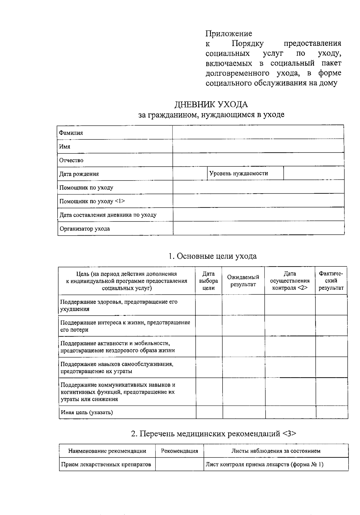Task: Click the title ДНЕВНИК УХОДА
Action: pyautogui.click(x=211, y=104)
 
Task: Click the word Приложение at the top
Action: pyautogui.click(x=229, y=33)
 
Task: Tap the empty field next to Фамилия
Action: pyautogui.click(x=258, y=132)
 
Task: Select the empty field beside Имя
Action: pyautogui.click(x=258, y=146)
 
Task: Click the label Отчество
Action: pyautogui.click(x=71, y=160)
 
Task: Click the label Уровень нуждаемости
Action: pyautogui.click(x=238, y=173)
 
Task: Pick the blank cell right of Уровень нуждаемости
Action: pyautogui.click(x=313, y=173)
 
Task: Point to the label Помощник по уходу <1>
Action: pyautogui.click(x=92, y=201)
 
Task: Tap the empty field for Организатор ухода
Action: pyautogui.click(x=258, y=228)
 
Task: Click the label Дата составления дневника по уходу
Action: pyautogui.click(x=108, y=215)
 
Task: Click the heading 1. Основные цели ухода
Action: pyautogui.click(x=212, y=256)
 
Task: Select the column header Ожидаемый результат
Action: pyautogui.click(x=243, y=281)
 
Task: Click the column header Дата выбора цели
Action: pyautogui.click(x=208, y=281)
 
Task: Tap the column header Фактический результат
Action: pyautogui.click(x=331, y=281)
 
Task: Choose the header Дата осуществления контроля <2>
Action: pyautogui.click(x=290, y=281)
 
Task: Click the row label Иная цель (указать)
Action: pyautogui.click(x=87, y=412)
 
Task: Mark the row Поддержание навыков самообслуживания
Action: pyautogui.click(x=117, y=368)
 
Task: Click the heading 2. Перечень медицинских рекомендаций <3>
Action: pyautogui.click(x=214, y=433)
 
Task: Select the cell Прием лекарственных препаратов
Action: pyautogui.click(x=106, y=465)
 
